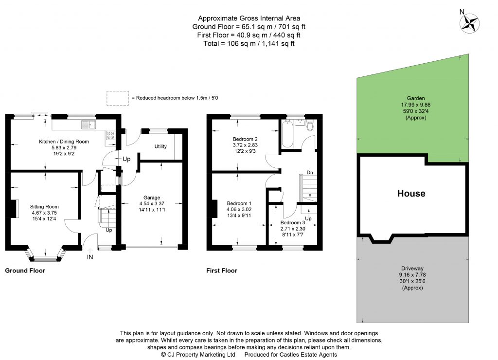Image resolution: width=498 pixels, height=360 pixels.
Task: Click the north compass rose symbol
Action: tap(470, 22)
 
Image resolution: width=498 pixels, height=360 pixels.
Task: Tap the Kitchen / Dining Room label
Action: tap(64, 142)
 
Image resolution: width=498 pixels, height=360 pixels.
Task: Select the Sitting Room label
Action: tap(44, 206)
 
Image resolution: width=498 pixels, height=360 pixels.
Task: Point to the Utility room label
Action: tap(161, 146)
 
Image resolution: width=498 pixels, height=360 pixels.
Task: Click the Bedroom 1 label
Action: tap(237, 203)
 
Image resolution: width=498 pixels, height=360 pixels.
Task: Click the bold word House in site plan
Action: tap(411, 194)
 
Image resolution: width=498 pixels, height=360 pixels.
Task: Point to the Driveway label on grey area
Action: tap(411, 268)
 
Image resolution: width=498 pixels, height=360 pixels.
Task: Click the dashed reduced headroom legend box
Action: tap(118, 98)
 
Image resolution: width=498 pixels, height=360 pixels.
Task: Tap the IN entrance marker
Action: tap(89, 257)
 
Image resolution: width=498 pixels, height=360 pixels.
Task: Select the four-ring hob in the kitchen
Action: tap(110, 136)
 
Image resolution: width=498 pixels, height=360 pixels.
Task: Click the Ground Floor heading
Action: tap(25, 270)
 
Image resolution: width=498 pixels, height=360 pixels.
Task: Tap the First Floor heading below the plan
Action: tap(222, 270)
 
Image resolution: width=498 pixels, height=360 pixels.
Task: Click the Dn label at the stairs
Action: tap(309, 173)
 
